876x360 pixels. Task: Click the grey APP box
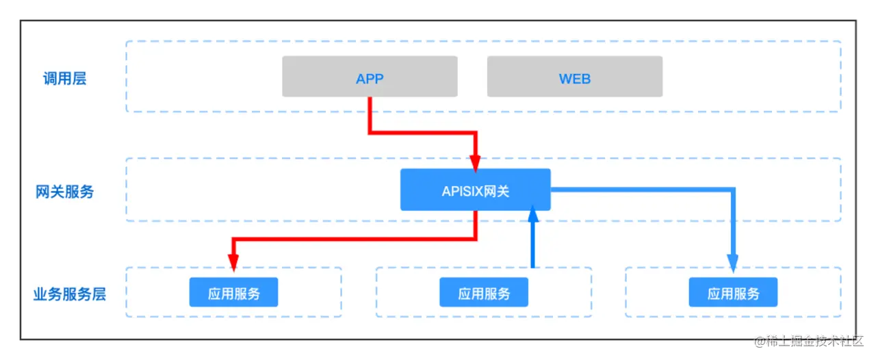tap(370, 77)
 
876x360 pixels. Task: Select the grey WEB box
tap(574, 77)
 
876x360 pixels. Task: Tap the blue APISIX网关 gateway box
tap(475, 190)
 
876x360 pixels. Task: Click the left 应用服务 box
tap(233, 292)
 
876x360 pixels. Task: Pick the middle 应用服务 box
tap(484, 292)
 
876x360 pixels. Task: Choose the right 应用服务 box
tap(733, 292)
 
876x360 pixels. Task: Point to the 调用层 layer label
tap(65, 79)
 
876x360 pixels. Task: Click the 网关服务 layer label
tap(65, 192)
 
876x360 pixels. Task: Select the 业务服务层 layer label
tap(69, 294)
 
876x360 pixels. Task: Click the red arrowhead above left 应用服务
tap(233, 263)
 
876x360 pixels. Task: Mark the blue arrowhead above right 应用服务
tap(732, 263)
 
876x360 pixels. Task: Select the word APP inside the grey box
tap(370, 79)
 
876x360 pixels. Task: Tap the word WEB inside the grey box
tap(574, 79)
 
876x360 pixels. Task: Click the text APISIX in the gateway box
tap(462, 191)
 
